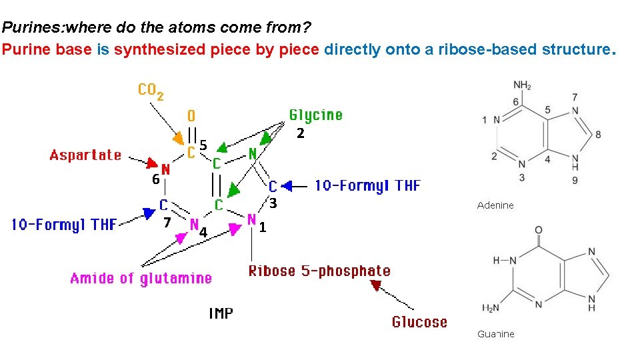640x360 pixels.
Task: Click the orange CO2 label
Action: (151, 91)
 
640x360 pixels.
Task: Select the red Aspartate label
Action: (85, 155)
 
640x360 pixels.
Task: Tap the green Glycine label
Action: (315, 115)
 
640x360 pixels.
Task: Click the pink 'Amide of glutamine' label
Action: (141, 278)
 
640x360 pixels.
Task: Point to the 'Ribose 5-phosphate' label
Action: (319, 271)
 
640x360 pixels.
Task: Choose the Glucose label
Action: (419, 322)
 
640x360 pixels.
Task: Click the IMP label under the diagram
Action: (221, 313)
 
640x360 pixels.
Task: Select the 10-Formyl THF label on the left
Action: (64, 225)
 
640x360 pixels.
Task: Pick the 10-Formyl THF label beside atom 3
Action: (367, 185)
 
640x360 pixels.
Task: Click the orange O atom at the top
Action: (191, 117)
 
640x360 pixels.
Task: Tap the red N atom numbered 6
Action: (166, 169)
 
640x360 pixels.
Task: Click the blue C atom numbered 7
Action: (163, 205)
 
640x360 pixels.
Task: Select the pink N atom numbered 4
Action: (194, 224)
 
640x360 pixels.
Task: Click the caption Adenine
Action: (495, 205)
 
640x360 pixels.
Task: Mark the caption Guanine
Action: (496, 334)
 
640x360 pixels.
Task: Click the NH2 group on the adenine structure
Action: (523, 86)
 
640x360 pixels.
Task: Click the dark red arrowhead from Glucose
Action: (377, 286)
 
